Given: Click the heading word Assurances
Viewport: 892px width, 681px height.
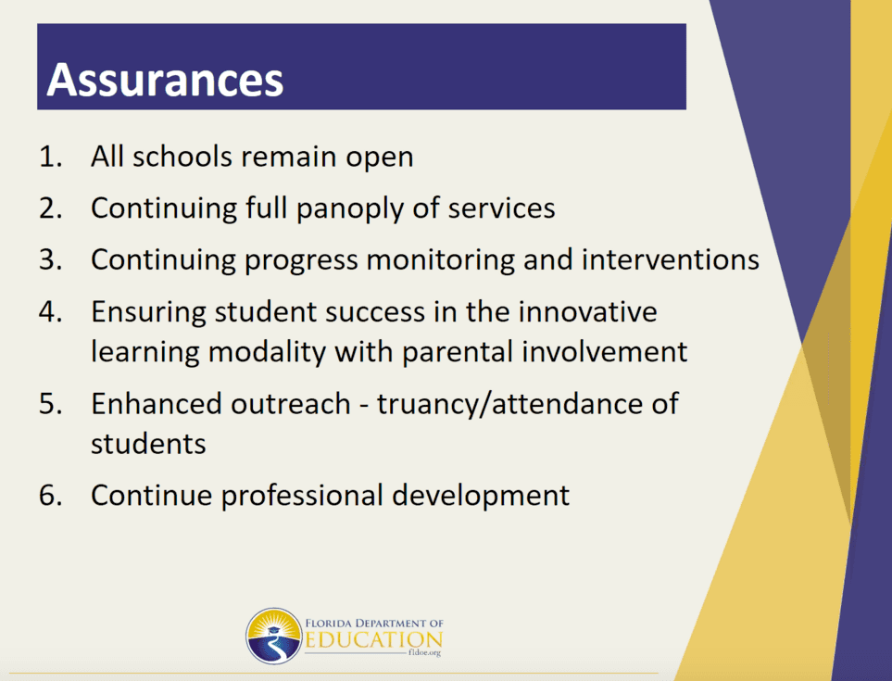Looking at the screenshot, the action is (x=165, y=80).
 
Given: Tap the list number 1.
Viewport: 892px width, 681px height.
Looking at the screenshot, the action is (x=50, y=157).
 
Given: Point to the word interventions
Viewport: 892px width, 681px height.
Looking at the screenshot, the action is (x=670, y=259).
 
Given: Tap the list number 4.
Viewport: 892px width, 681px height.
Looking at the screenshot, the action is (x=51, y=311).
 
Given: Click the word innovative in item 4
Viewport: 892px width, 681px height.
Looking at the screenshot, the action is (x=587, y=311).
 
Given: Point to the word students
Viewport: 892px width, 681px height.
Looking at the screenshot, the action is (x=148, y=444).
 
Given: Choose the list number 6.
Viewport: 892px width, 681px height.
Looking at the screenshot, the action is (x=51, y=495).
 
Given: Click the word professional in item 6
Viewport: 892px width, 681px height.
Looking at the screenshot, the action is (x=302, y=496).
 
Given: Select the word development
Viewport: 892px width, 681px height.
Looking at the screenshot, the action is (x=481, y=496).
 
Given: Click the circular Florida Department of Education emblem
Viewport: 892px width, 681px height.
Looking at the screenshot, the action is (x=273, y=636).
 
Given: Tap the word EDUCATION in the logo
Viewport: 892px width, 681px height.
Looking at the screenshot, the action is (x=374, y=640).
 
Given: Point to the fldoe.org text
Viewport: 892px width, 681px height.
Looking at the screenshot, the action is (x=424, y=653).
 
